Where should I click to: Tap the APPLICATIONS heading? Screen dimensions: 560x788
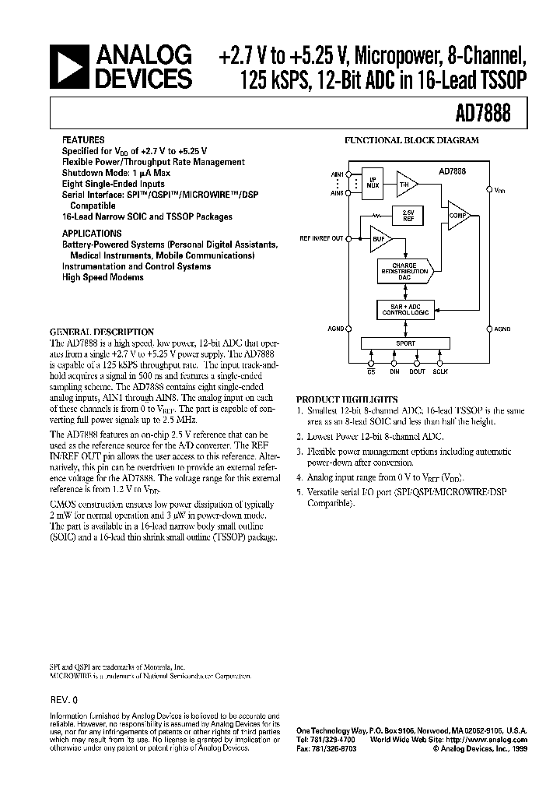click(x=92, y=233)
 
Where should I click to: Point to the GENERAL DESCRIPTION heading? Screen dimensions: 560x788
click(x=102, y=332)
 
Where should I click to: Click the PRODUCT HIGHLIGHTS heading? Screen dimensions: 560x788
click(x=347, y=399)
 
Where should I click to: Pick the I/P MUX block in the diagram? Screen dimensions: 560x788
click(x=373, y=183)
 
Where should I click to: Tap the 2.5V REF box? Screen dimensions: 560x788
click(x=408, y=216)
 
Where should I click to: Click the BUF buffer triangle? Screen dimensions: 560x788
click(x=380, y=239)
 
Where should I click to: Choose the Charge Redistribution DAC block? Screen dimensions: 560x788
click(x=404, y=270)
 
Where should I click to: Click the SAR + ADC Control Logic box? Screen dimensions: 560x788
click(x=405, y=308)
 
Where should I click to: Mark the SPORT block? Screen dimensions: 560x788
click(x=406, y=343)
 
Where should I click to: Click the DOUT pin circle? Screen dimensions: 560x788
click(x=418, y=361)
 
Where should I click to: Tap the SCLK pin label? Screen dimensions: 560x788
click(x=440, y=372)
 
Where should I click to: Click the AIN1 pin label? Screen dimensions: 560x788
click(x=338, y=174)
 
